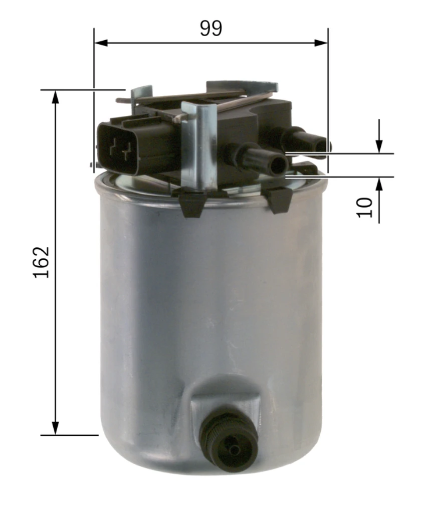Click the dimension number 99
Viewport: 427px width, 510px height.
211,28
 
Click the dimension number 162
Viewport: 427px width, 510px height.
42,262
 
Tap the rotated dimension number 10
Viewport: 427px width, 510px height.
365,208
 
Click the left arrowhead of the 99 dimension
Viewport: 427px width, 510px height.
101,43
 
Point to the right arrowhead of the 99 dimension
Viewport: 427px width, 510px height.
321,43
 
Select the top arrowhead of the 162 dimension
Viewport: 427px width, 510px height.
56,97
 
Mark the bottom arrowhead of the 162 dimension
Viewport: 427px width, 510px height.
56,428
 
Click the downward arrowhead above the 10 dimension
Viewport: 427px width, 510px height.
379,146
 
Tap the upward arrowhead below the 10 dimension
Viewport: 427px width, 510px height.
379,184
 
